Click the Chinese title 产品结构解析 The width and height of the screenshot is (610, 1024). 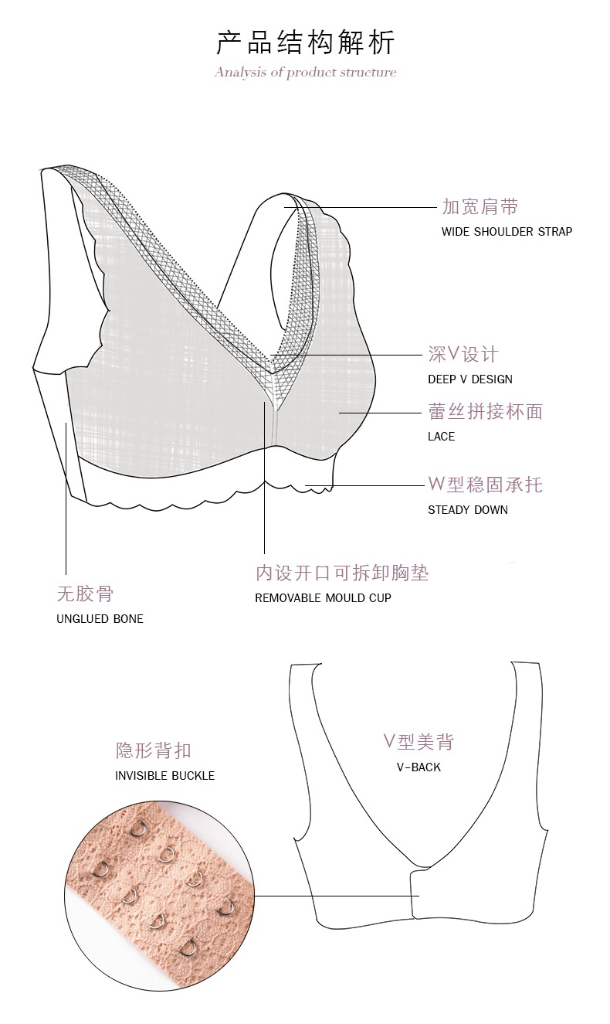tap(305, 42)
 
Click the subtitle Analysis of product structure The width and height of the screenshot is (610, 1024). tap(305, 73)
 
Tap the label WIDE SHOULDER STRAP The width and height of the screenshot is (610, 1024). tap(507, 232)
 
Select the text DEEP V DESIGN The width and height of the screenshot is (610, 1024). tap(469, 379)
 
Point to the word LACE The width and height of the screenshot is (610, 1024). tap(441, 437)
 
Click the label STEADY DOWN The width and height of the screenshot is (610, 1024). tap(467, 510)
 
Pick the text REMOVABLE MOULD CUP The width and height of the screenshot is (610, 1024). tap(323, 598)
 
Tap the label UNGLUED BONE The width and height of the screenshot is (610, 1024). tap(100, 619)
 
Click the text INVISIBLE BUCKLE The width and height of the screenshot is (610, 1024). tap(164, 776)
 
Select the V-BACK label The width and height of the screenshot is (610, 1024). tap(419, 767)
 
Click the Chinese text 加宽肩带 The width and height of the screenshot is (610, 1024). tap(480, 207)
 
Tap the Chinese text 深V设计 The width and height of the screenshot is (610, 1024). tap(463, 355)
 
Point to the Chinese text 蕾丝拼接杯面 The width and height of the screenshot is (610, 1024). tap(485, 412)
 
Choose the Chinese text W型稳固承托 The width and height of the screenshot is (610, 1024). tap(485, 485)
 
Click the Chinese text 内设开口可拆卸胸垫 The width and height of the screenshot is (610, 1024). tap(341, 573)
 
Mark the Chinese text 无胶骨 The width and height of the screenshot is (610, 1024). tap(85, 594)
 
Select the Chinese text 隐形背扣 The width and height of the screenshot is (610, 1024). tap(153, 750)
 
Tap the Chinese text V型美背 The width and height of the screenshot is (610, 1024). tap(419, 743)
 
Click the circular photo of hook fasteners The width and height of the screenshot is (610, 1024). tap(160, 894)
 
